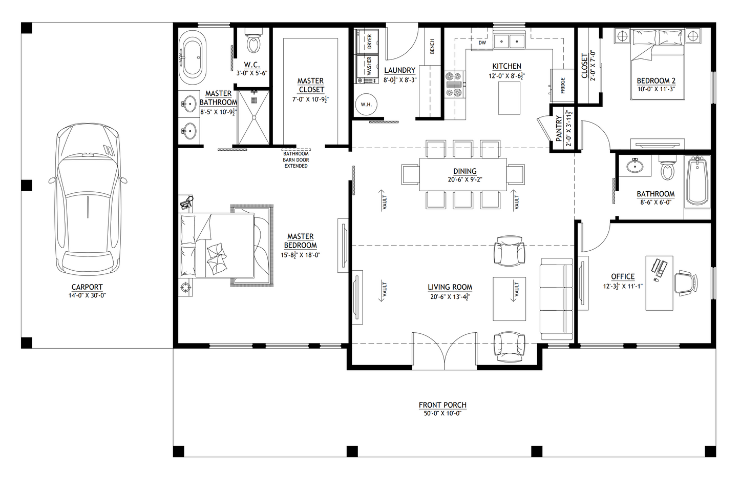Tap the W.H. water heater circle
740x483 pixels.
(366, 105)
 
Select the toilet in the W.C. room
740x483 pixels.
(253, 44)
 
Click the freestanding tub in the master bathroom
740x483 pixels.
(193, 57)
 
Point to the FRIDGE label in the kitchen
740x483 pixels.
(563, 85)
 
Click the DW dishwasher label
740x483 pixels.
(482, 43)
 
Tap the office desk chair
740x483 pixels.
(686, 284)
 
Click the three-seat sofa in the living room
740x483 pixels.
(557, 299)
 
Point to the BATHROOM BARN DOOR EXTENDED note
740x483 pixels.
(296, 159)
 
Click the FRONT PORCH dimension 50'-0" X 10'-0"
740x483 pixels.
(442, 413)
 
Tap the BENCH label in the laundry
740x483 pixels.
(432, 47)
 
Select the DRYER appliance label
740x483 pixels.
(369, 42)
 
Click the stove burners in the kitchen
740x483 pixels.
(454, 85)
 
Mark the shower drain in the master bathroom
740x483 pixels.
(254, 101)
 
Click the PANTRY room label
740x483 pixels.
(559, 128)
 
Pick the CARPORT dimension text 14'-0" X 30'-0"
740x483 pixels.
(87, 295)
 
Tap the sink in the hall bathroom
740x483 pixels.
(635, 166)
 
